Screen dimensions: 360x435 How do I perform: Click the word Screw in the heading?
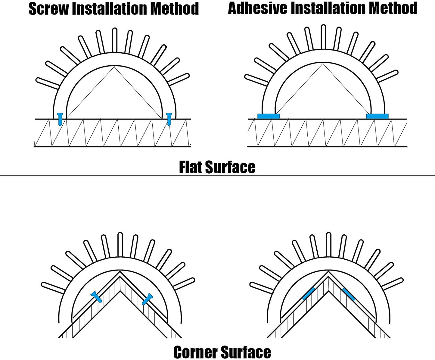[x=48, y=8]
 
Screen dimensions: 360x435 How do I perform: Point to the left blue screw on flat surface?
[x=60, y=119]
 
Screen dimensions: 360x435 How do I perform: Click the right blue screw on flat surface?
[x=169, y=119]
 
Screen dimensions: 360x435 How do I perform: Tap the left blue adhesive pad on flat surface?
[x=269, y=116]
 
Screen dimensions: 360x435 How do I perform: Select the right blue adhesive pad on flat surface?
[x=377, y=116]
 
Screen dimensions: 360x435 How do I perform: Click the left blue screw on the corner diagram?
[x=97, y=297]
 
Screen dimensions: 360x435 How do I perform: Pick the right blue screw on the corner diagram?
[x=147, y=299]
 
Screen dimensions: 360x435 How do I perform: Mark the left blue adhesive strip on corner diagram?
[x=308, y=294]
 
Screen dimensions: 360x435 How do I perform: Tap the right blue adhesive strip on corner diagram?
[x=349, y=294]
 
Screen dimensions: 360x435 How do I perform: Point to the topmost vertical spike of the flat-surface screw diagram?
[x=114, y=40]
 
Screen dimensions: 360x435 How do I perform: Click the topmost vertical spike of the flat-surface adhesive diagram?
[x=323, y=36]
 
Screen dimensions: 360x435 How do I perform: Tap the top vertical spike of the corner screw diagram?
[x=120, y=244]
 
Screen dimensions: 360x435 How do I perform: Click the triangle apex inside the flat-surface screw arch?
[x=114, y=67]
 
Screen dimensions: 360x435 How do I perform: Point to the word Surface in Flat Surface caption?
[x=230, y=167]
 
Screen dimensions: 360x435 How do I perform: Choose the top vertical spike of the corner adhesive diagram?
[x=329, y=244]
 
